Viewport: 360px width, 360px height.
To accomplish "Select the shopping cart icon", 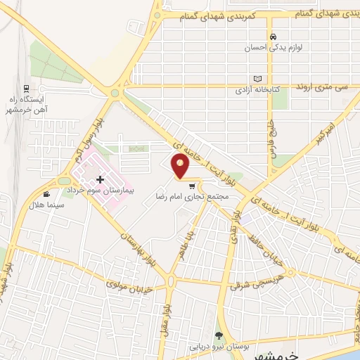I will coord(191,187).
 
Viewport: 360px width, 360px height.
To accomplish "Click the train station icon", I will coord(26,89).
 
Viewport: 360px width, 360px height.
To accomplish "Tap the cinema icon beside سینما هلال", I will coord(46,194).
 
